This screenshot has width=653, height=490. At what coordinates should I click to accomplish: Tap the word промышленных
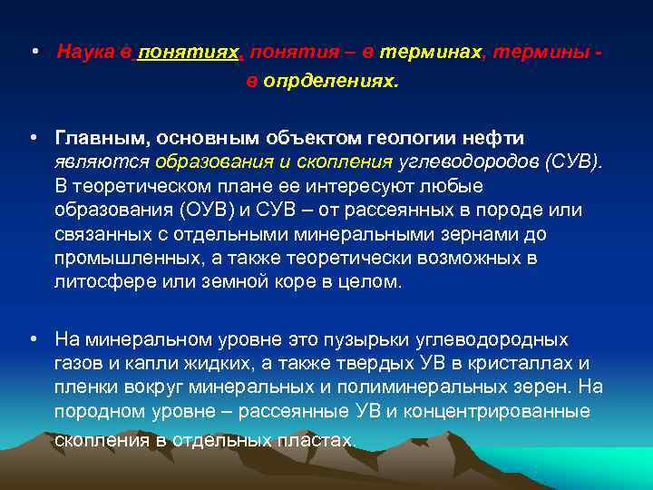(116, 259)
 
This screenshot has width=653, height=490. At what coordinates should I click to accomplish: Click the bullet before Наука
(34, 52)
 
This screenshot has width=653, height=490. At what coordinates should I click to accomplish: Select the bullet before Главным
(34, 138)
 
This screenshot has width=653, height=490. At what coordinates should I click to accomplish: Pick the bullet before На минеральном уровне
(34, 339)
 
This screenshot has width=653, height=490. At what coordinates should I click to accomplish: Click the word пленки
(84, 387)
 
